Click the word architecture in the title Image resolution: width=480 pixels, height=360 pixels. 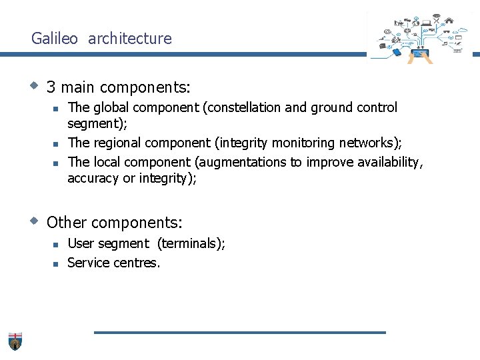coord(129,39)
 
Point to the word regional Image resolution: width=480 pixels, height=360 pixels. coord(117,143)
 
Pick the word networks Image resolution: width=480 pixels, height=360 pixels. coord(370,143)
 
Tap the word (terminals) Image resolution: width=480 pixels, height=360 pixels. coord(191,243)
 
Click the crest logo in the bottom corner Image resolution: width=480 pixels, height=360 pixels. coord(15,341)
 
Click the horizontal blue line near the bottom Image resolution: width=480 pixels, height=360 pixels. coord(239,332)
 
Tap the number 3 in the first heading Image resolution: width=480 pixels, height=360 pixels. coord(51,87)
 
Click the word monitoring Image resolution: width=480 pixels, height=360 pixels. coord(303,143)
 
